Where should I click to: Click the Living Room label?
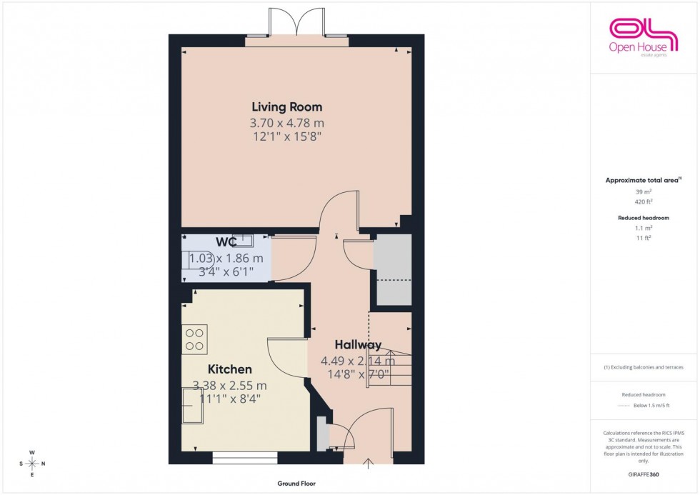(x=286, y=107)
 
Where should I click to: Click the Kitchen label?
(x=229, y=369)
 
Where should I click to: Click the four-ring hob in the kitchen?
(x=194, y=339)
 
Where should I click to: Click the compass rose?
(x=32, y=464)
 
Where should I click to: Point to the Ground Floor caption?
(x=296, y=484)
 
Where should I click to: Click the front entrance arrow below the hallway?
(x=369, y=464)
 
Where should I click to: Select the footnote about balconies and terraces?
(x=644, y=367)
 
